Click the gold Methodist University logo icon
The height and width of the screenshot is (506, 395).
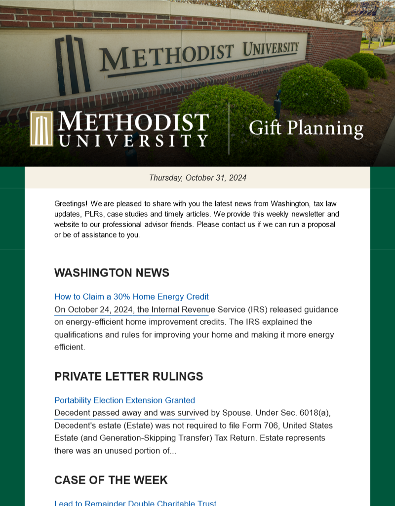tap(41, 128)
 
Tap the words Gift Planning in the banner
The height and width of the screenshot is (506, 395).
tap(306, 128)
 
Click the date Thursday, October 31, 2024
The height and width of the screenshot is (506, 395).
tap(197, 178)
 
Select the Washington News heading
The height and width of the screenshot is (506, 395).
tap(112, 273)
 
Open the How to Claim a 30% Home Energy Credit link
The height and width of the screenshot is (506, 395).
tap(131, 297)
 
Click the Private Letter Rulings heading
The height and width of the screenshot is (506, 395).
tap(128, 377)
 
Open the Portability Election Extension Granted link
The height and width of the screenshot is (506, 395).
tap(124, 400)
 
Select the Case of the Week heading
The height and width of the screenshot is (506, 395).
tap(111, 480)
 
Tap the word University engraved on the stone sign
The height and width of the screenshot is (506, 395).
tap(271, 49)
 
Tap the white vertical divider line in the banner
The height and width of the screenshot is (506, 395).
tap(229, 128)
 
